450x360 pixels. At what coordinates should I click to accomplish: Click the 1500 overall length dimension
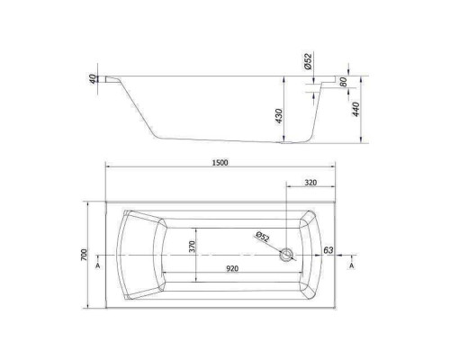coord(220,163)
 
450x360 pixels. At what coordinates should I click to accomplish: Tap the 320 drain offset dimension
coord(310,183)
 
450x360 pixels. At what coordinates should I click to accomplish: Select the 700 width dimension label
coord(84,255)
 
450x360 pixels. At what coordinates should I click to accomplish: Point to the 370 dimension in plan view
coord(192,247)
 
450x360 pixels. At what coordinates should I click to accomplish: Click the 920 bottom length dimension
coord(232,268)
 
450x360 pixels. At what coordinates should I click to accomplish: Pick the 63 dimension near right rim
coord(328,250)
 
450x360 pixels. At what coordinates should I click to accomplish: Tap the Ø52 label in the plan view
coord(263,237)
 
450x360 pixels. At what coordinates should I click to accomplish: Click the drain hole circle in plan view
coord(287,255)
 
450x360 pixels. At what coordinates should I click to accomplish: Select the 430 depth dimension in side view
coord(279,116)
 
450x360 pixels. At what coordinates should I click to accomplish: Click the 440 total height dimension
coord(355,109)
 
